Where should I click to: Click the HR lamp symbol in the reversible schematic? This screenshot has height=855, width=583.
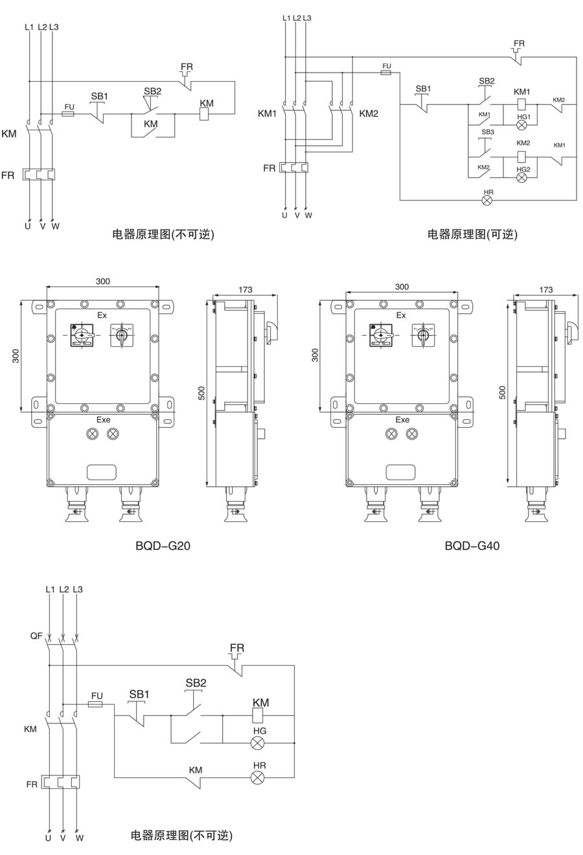click(488, 200)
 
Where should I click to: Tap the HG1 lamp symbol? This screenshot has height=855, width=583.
click(522, 127)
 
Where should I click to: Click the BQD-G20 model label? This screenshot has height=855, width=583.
click(163, 546)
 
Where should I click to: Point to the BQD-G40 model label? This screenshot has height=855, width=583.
click(472, 546)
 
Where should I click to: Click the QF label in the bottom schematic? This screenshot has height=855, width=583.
click(36, 636)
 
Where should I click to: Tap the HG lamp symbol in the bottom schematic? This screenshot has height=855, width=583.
click(258, 743)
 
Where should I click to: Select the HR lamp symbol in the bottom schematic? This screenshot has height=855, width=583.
click(258, 777)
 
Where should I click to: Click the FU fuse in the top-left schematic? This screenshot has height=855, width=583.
click(68, 113)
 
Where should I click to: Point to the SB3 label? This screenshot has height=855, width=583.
click(488, 132)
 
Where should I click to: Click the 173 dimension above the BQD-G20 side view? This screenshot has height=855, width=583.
click(245, 290)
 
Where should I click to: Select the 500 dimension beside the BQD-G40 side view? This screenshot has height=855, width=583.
click(503, 392)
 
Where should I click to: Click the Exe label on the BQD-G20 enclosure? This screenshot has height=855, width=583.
click(104, 419)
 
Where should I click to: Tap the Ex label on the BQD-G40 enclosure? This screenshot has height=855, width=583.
click(401, 315)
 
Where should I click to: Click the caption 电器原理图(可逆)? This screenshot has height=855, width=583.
click(472, 234)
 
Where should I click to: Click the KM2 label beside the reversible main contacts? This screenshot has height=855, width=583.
click(369, 113)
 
